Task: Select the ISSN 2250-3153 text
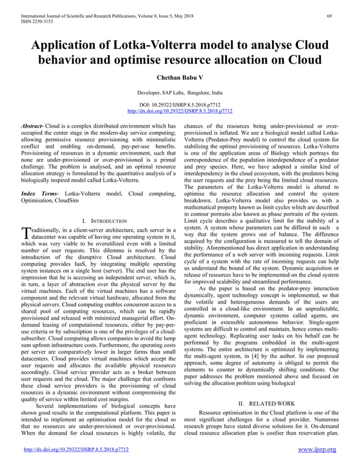point(33,14)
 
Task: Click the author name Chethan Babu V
point(180,77)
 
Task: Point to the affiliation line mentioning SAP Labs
point(180,91)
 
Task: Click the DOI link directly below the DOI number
point(180,111)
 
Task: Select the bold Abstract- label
point(31,126)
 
